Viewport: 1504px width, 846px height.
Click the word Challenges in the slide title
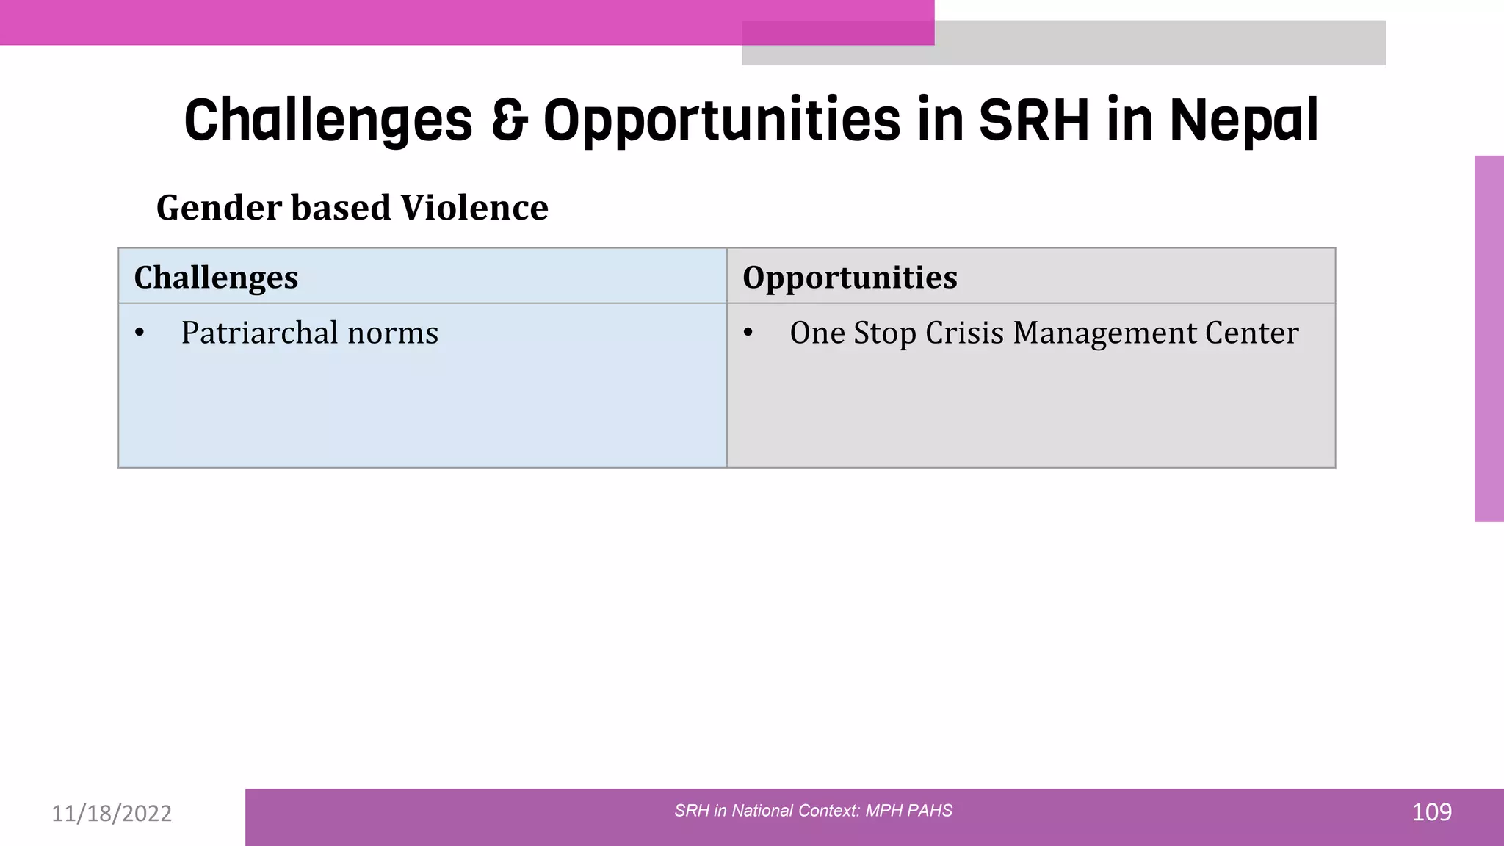(328, 121)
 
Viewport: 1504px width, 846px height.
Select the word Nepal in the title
(1243, 121)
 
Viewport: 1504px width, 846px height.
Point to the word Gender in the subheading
(219, 208)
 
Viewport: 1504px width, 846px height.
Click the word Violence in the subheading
(474, 208)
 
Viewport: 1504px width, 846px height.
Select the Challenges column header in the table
(216, 278)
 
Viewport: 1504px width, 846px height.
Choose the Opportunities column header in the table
(850, 278)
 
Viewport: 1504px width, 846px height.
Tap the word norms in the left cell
(393, 333)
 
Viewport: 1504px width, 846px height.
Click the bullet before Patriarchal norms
(140, 333)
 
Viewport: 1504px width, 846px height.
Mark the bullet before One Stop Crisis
(748, 333)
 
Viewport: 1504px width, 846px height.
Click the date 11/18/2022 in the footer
(112, 813)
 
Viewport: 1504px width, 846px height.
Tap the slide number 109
(1431, 812)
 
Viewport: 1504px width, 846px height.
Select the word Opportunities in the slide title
(721, 121)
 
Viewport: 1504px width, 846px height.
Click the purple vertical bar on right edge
(1489, 338)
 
